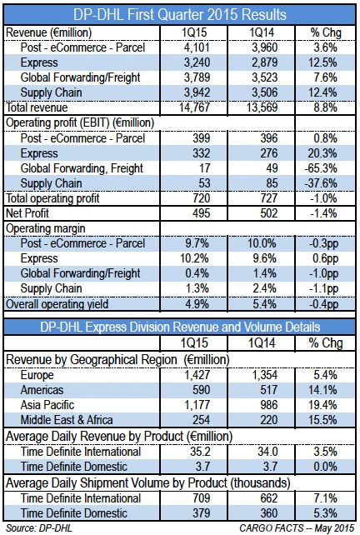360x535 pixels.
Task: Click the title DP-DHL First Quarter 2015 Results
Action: point(180,15)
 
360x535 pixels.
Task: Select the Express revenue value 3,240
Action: point(197,62)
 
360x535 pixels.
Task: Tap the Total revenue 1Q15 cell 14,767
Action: point(194,107)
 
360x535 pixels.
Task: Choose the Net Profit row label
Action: point(27,213)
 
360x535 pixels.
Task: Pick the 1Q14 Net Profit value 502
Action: point(269,213)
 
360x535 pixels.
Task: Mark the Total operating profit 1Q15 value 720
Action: point(201,198)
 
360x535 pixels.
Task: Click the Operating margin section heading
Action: point(46,228)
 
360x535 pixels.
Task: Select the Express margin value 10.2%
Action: point(194,258)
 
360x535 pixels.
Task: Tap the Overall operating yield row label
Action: point(57,304)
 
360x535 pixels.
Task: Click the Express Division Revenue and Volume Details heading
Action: point(180,327)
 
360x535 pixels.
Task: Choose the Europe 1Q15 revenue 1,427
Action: point(197,375)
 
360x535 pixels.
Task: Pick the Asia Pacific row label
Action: point(47,405)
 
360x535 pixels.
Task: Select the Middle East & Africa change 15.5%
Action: point(322,420)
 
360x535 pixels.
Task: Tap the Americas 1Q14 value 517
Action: point(269,390)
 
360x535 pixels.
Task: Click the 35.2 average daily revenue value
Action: point(200,452)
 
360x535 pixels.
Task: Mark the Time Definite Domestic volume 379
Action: point(201,513)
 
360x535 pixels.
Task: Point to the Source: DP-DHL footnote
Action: point(39,528)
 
